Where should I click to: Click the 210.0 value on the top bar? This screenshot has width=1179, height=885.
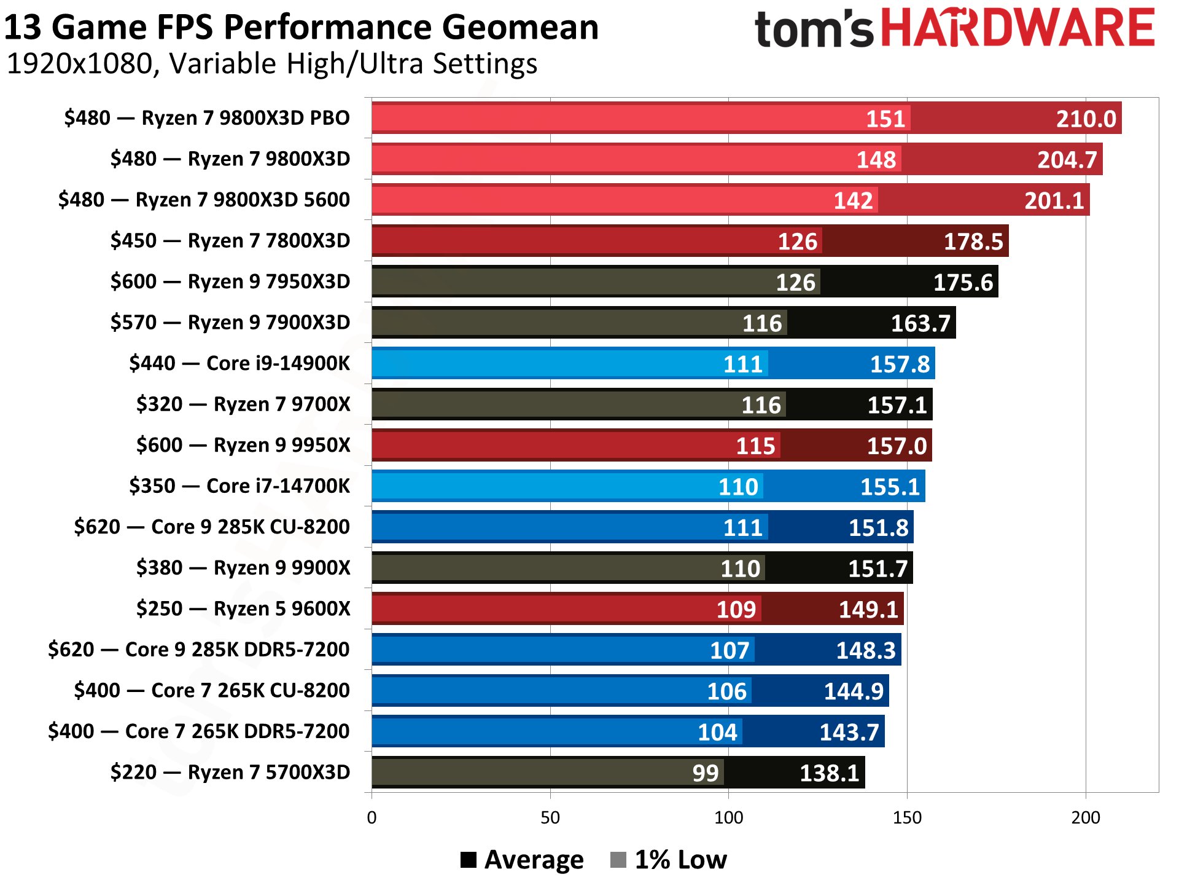tap(1085, 119)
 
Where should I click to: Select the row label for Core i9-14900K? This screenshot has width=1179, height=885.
tap(239, 363)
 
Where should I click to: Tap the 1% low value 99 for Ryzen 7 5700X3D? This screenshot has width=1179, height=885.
tap(705, 773)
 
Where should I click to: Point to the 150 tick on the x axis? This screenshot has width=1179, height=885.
tap(907, 817)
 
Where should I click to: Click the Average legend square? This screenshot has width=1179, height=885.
tap(469, 860)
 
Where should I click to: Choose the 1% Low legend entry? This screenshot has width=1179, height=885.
tap(669, 860)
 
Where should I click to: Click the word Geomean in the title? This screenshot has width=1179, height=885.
tap(519, 28)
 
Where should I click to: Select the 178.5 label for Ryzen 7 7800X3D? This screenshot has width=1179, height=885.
tap(973, 242)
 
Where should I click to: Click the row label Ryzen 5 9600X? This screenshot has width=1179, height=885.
tap(243, 608)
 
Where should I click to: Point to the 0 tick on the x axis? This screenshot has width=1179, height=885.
tap(372, 817)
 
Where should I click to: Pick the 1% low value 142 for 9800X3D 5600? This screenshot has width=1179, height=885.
tap(853, 200)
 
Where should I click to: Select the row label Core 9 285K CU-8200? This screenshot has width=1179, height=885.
tap(212, 527)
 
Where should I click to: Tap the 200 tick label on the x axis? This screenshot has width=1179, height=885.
tap(1085, 817)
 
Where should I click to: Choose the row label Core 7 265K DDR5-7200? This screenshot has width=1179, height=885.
tap(199, 731)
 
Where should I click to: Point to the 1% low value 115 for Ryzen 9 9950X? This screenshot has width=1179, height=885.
tap(755, 446)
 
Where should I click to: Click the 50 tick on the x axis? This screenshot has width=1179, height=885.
tap(550, 817)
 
